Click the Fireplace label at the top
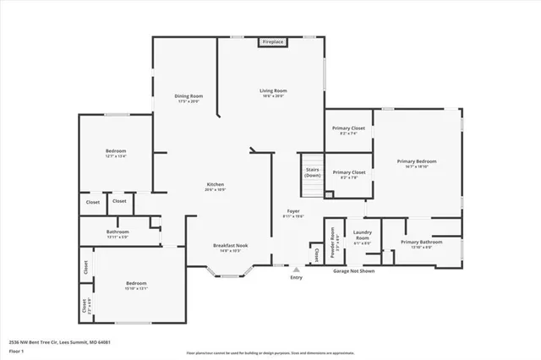pyautogui.click(x=272, y=41)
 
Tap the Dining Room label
pyautogui.click(x=189, y=96)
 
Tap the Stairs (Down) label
pyautogui.click(x=313, y=172)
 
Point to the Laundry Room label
pyautogui.click(x=363, y=236)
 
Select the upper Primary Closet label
pyautogui.click(x=348, y=128)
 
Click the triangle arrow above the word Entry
pyautogui.click(x=296, y=270)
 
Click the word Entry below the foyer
pyautogui.click(x=296, y=277)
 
